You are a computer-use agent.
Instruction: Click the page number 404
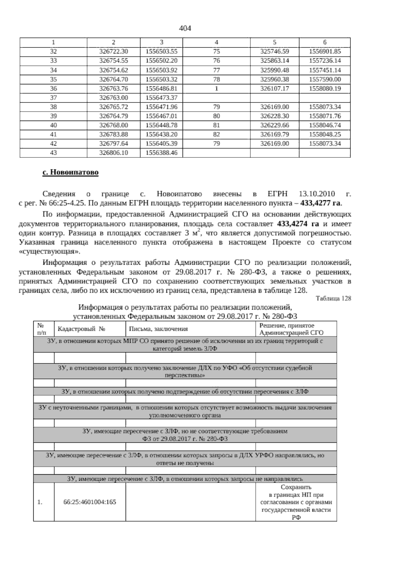click(185, 29)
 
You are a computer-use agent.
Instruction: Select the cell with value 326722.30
click(114, 52)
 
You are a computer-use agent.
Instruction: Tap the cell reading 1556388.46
click(161, 153)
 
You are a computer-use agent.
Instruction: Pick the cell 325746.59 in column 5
click(274, 52)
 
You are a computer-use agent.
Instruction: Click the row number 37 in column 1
click(53, 98)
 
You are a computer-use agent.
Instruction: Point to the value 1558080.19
click(325, 89)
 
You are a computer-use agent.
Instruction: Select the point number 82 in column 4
click(216, 135)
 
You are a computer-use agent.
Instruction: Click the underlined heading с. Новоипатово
click(70, 173)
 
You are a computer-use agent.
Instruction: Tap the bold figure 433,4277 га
click(321, 203)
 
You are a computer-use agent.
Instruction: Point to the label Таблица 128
click(333, 298)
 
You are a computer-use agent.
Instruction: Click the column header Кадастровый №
click(81, 329)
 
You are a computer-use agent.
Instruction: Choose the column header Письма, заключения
click(158, 329)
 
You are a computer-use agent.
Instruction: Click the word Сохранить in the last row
click(296, 488)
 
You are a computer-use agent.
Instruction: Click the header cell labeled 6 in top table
click(325, 43)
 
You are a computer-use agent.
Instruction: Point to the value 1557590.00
click(325, 79)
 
